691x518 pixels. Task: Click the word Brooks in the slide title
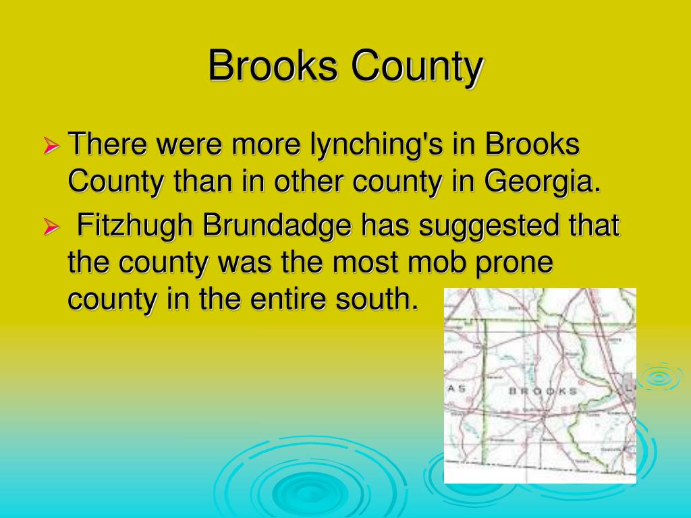[x=271, y=67]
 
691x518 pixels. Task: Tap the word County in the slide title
[x=416, y=67]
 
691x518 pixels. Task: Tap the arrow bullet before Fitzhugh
[x=52, y=228]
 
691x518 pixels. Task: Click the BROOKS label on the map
[x=542, y=391]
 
